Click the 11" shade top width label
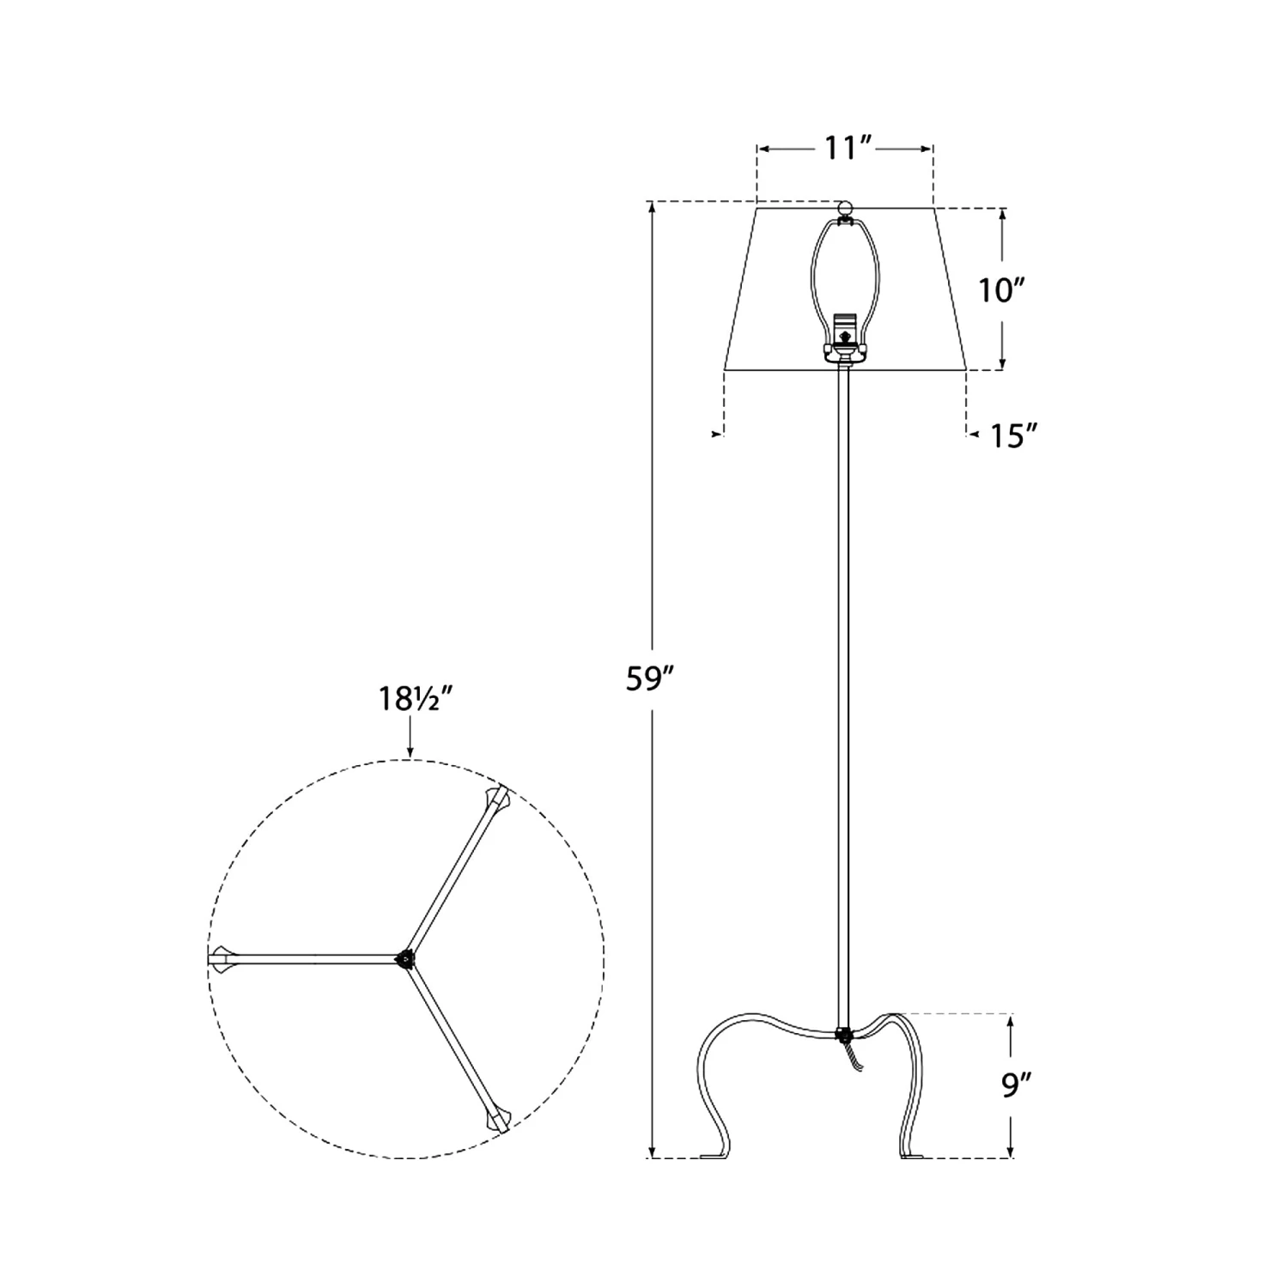pyautogui.click(x=845, y=149)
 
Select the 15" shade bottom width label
pyautogui.click(x=1016, y=436)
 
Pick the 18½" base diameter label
pyautogui.click(x=416, y=699)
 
